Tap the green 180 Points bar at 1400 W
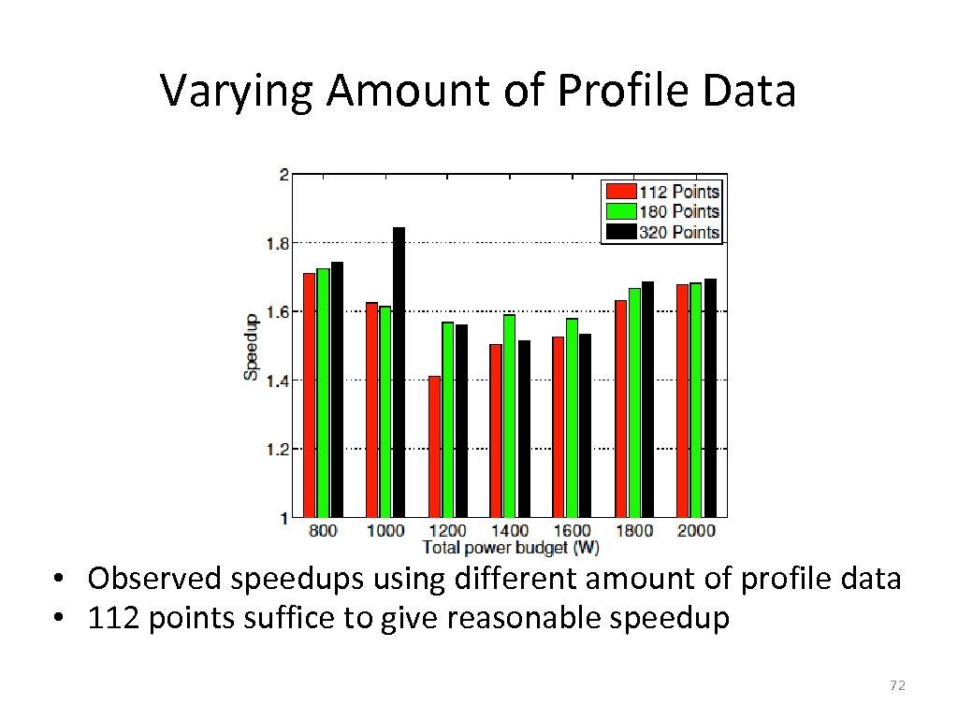(509, 415)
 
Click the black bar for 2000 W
(710, 397)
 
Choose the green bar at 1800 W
(634, 402)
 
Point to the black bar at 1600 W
(585, 425)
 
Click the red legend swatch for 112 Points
(618, 192)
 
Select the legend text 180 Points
(679, 212)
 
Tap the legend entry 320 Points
(679, 232)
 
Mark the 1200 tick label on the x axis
(447, 530)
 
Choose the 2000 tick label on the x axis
(695, 530)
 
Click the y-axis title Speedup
(250, 346)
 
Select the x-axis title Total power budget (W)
(511, 546)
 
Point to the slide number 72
(897, 686)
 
